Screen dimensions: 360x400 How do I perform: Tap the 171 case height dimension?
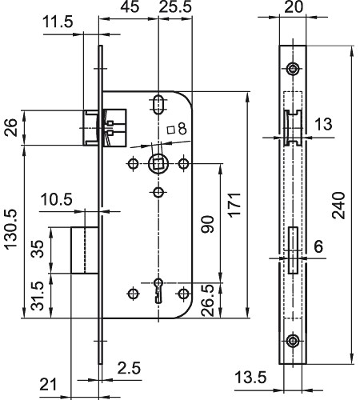235,205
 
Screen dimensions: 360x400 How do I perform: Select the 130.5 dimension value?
11,230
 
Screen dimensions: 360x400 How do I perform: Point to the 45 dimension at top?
130,6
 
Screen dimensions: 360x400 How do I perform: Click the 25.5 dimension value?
175,6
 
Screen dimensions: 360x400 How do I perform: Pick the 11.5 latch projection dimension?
58,22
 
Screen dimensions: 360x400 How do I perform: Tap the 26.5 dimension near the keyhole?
208,300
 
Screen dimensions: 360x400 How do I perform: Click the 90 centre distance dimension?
207,224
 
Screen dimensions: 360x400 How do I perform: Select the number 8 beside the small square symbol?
182,129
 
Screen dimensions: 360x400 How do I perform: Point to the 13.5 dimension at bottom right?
250,378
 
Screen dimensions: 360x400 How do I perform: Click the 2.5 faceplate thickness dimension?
129,368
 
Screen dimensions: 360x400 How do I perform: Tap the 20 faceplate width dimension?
294,7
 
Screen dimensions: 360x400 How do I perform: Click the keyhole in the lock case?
158,290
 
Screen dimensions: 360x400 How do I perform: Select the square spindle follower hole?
158,163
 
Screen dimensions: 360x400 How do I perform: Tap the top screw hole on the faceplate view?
293,69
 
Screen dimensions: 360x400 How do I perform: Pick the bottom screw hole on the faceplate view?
293,341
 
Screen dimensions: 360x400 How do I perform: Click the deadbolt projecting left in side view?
85,250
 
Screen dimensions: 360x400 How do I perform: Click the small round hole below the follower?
158,192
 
